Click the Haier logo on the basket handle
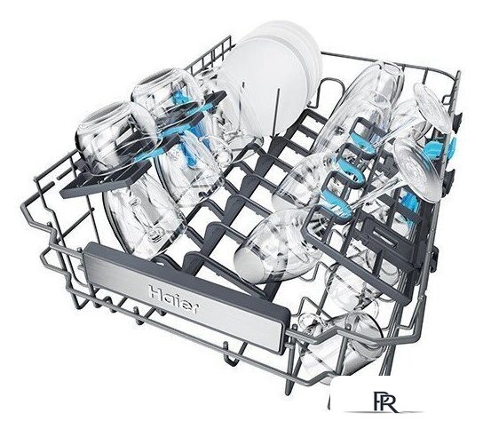tap(174, 299)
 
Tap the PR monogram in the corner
tap(385, 401)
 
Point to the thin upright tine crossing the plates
tap(278, 111)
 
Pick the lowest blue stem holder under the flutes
tap(337, 203)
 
